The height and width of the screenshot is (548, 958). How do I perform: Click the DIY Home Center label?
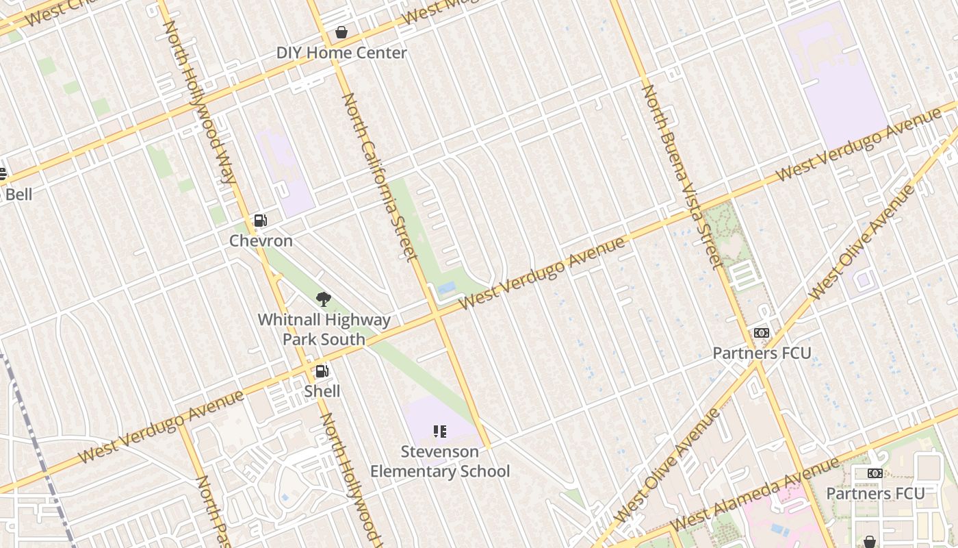[x=341, y=53]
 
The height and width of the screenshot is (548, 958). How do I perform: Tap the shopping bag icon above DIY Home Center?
[x=341, y=32]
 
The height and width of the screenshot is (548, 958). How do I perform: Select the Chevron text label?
[x=261, y=240]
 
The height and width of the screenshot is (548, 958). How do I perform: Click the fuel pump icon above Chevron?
[x=260, y=221]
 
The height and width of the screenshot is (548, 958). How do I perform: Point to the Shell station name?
[x=322, y=391]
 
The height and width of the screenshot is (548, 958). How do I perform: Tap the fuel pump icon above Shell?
[x=322, y=371]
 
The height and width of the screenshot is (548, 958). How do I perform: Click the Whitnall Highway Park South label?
[x=324, y=329]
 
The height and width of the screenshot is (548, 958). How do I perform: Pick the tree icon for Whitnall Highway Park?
[x=324, y=299]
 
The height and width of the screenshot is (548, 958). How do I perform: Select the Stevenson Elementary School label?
[x=440, y=461]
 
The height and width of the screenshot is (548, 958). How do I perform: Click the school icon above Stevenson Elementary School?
[x=440, y=432]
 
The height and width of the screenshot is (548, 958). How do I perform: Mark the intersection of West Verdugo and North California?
[x=436, y=316]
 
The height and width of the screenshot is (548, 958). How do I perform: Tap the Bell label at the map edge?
[x=18, y=195]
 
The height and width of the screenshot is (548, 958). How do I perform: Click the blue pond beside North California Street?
[x=447, y=288]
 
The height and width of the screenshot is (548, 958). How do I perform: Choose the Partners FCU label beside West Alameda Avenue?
[x=875, y=493]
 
